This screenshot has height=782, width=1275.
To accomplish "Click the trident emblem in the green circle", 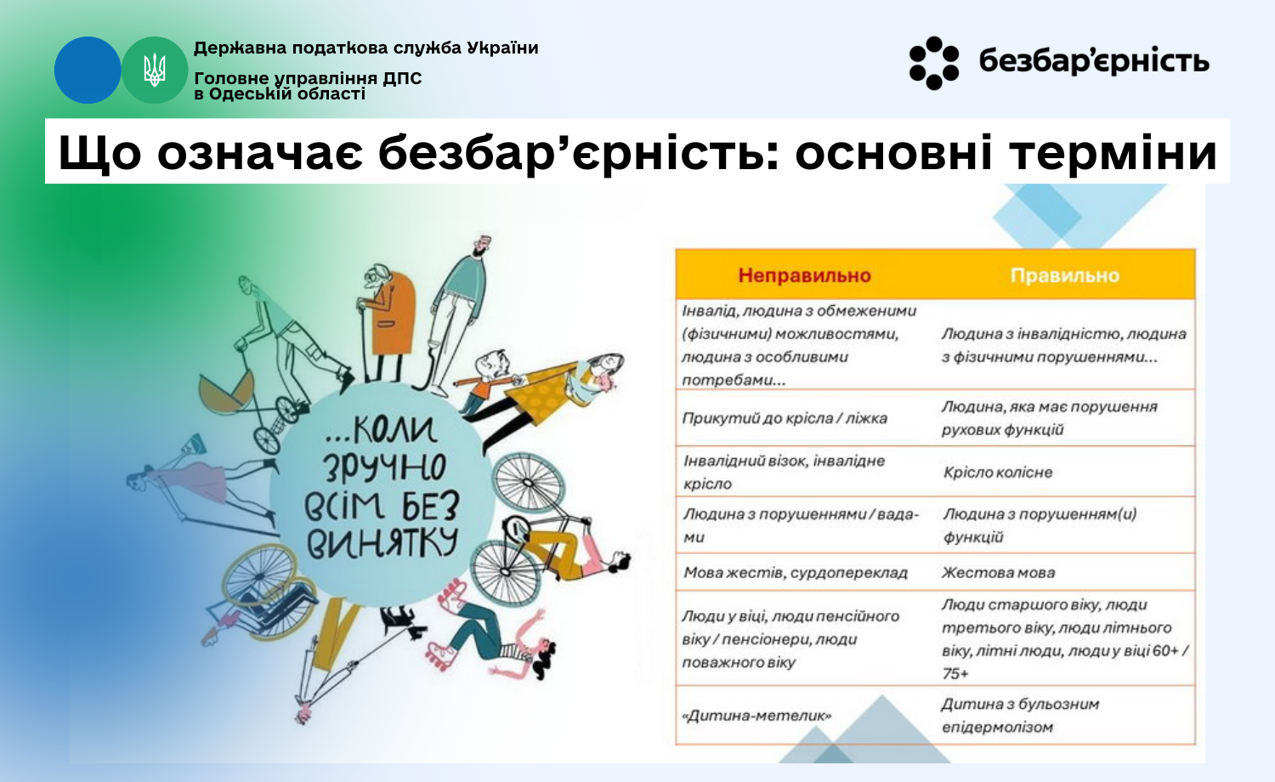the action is click(x=154, y=70).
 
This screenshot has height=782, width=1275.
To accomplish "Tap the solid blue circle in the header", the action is click(x=88, y=70).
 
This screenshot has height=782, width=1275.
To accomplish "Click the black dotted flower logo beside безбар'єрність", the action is click(x=934, y=63).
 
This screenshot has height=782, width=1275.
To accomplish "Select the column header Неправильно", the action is click(x=804, y=275).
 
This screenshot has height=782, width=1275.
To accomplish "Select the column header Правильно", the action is click(x=1064, y=275).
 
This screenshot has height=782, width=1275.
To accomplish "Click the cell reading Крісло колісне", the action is click(x=998, y=473).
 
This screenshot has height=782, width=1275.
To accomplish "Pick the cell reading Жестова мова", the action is click(x=998, y=573).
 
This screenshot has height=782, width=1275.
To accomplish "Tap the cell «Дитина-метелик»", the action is click(x=756, y=716).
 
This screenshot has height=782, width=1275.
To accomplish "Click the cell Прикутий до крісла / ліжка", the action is click(x=785, y=418).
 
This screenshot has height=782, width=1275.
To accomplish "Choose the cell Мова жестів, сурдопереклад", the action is click(x=795, y=573).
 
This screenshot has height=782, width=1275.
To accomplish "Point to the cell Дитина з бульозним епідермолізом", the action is click(x=1020, y=716).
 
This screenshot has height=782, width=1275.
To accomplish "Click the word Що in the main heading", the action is click(x=99, y=152).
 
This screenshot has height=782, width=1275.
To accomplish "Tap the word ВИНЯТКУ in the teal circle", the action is click(x=382, y=543).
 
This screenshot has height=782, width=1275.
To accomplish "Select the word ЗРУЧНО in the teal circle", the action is click(x=385, y=467).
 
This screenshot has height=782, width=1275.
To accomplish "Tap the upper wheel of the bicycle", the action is click(x=528, y=483).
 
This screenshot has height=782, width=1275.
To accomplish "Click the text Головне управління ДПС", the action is click(x=308, y=78).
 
